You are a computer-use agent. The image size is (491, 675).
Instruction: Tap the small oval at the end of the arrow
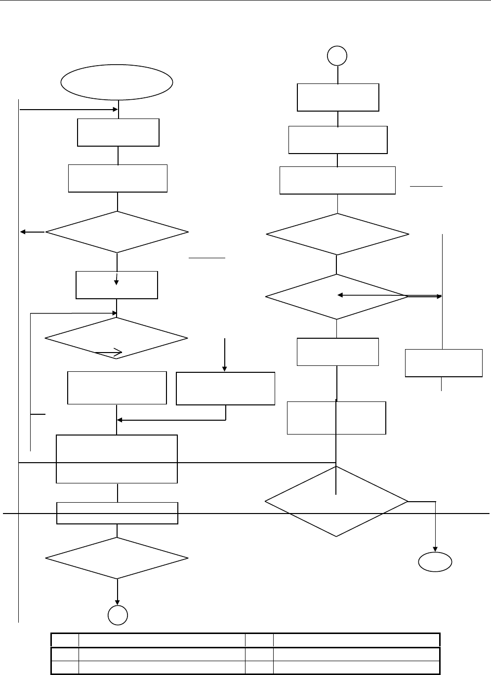pos(435,562)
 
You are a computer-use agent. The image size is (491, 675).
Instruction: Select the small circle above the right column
pos(337,56)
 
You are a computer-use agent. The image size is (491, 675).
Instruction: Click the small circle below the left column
pos(118,615)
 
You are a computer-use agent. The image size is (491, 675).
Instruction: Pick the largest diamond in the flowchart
pos(337,502)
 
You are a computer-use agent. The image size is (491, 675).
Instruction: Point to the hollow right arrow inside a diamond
pos(109,352)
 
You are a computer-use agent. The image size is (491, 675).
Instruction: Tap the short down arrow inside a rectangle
pos(117,279)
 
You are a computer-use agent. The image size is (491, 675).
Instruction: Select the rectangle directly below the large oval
pos(118,132)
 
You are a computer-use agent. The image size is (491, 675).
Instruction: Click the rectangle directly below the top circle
pos(338,98)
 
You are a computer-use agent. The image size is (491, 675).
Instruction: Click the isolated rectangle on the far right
pos(444,363)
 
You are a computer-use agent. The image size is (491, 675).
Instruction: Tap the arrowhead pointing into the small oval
pos(436,549)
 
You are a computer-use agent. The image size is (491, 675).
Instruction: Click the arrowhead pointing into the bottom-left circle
pos(118,601)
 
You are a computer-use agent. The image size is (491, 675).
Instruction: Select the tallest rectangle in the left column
pos(117,459)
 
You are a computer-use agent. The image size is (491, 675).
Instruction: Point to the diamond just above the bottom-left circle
pos(117,558)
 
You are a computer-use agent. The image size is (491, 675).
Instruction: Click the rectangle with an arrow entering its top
pos(225,389)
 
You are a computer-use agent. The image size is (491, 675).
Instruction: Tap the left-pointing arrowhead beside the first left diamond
pos(23,232)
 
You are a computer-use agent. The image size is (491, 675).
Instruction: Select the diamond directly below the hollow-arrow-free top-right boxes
pos(337,234)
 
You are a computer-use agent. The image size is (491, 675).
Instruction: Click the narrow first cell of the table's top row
pos(65,640)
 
